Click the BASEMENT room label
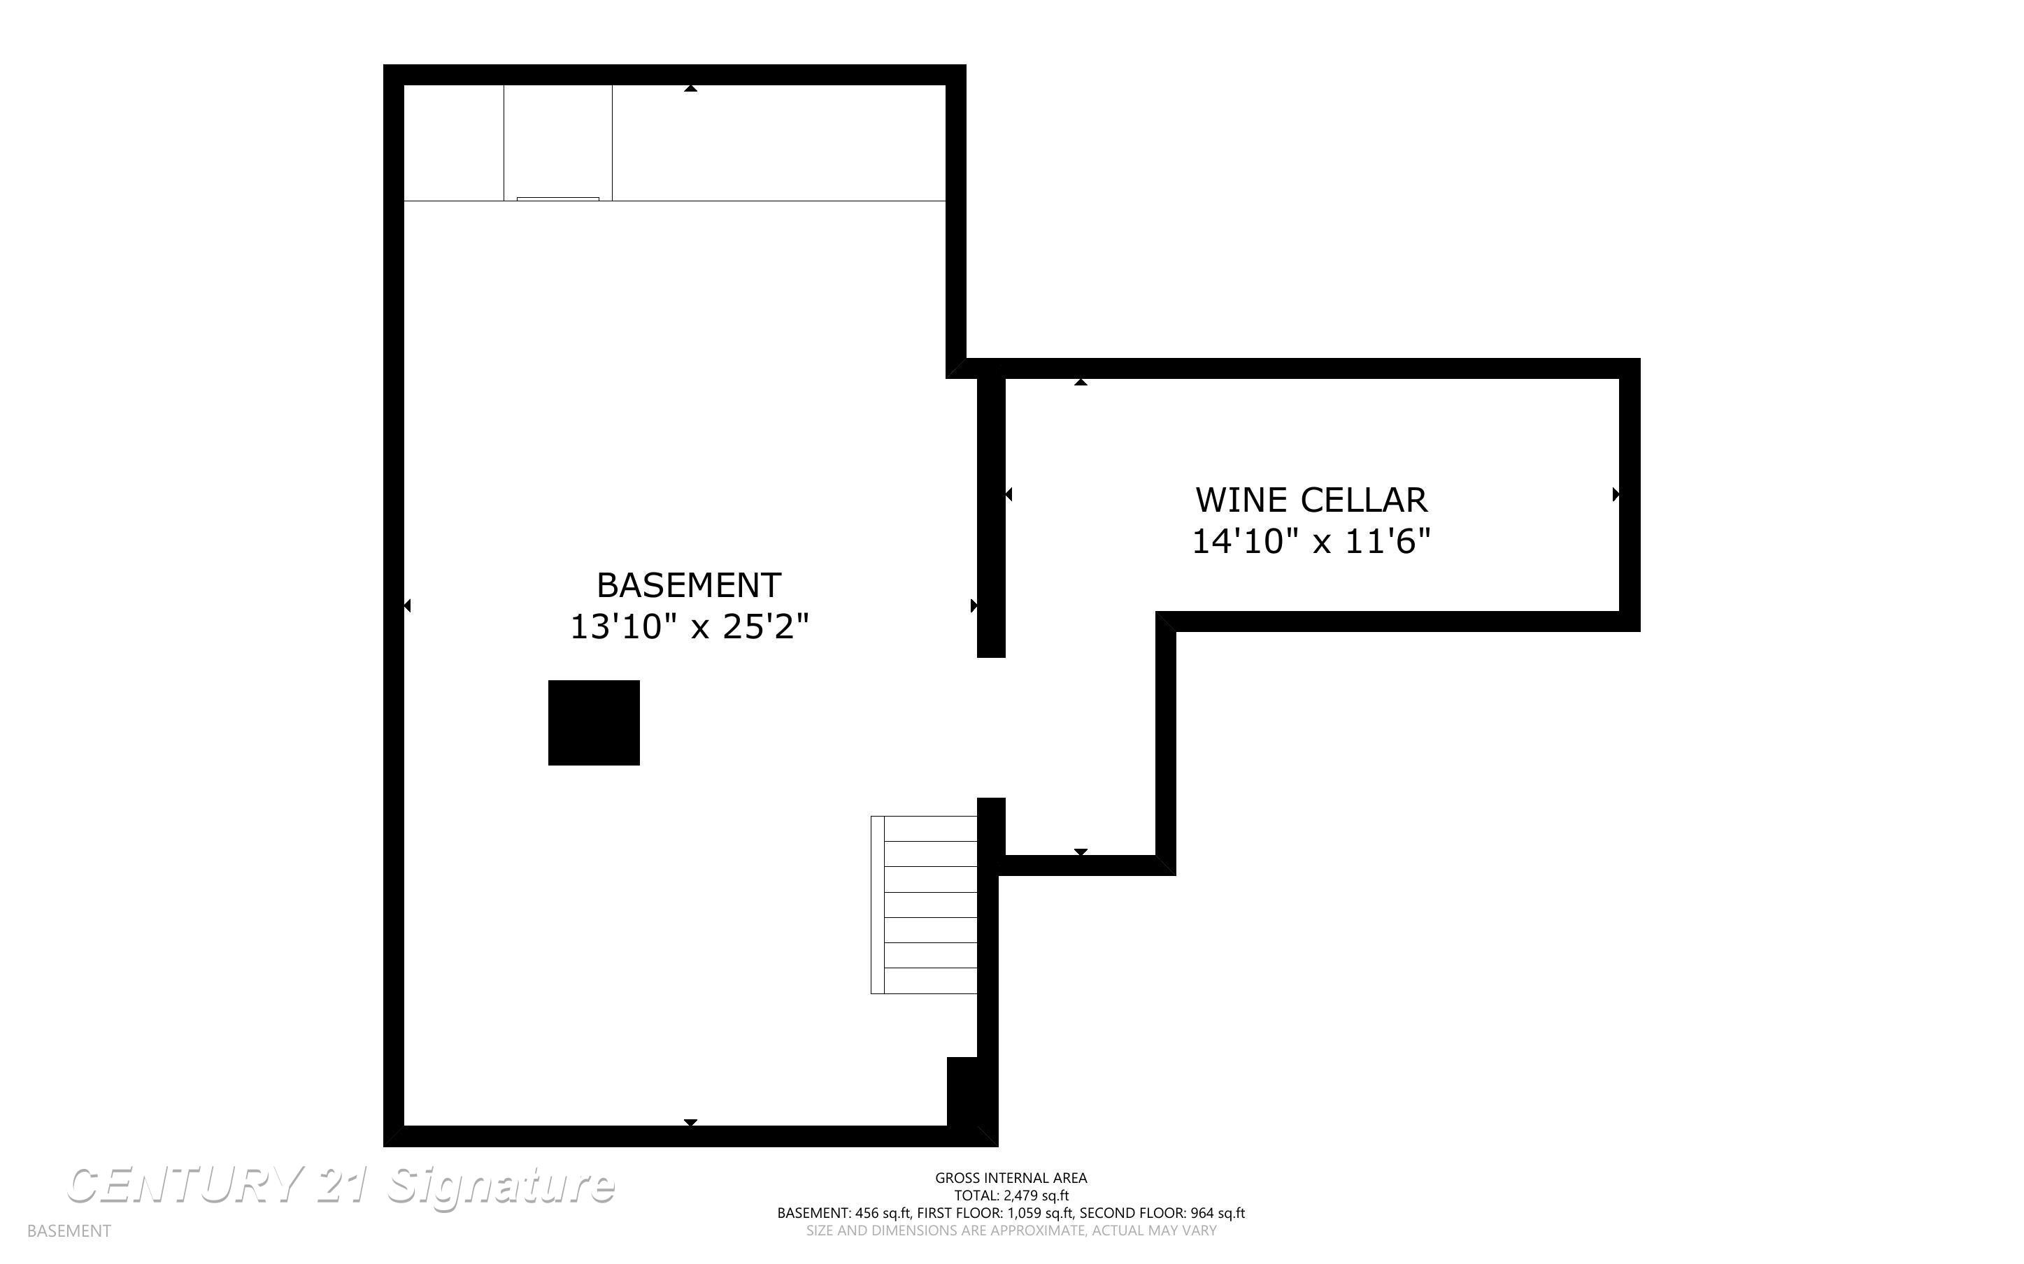(x=689, y=585)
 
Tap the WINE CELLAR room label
(x=1311, y=500)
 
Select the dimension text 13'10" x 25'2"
(x=690, y=627)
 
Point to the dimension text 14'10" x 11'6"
(x=1311, y=542)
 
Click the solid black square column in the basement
(x=594, y=722)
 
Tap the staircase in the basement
(x=924, y=905)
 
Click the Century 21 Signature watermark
(x=341, y=1186)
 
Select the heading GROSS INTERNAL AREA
(x=1011, y=1178)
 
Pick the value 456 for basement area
(x=868, y=1213)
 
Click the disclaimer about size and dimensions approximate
(x=1011, y=1230)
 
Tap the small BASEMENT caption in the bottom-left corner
(x=69, y=1230)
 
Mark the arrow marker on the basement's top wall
(x=690, y=88)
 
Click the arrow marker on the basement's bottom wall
(x=690, y=1123)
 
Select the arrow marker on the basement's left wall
(x=407, y=605)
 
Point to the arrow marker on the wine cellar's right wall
(x=1616, y=495)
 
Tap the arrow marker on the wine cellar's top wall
(x=1081, y=382)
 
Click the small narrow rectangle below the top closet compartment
(x=557, y=199)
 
